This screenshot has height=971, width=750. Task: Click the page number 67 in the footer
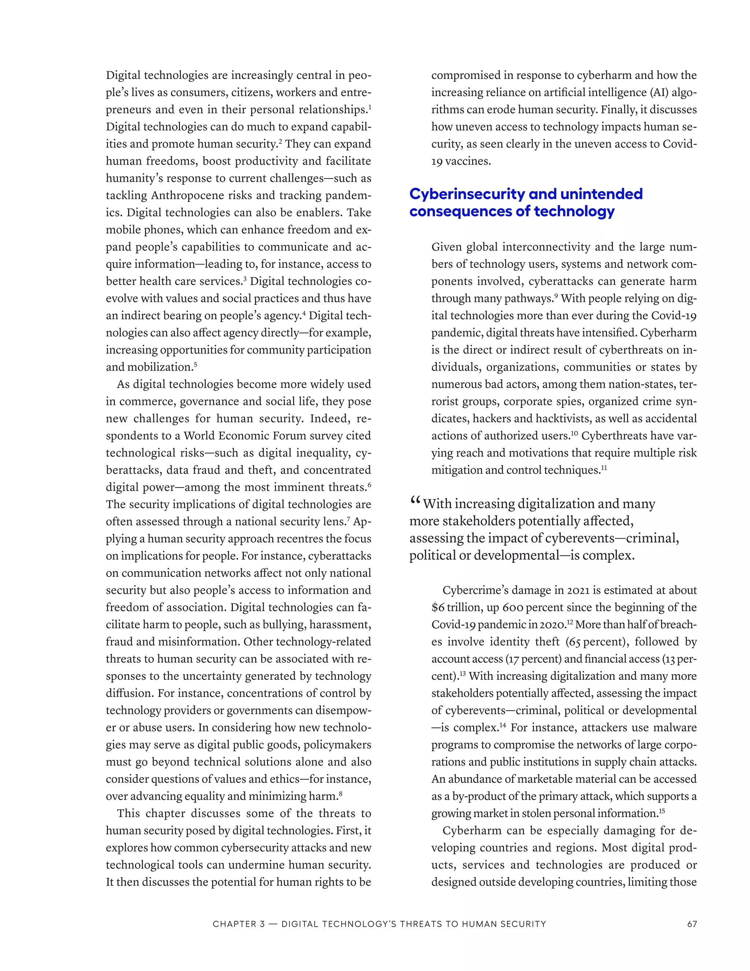click(x=692, y=924)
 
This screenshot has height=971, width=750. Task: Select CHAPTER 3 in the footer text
click(x=239, y=924)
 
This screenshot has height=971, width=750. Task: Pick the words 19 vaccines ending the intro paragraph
click(x=461, y=161)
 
